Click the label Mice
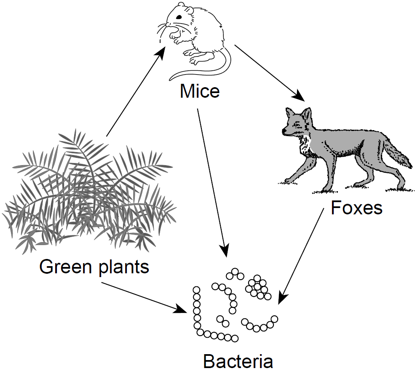(x=200, y=91)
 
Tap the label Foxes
(x=356, y=208)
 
